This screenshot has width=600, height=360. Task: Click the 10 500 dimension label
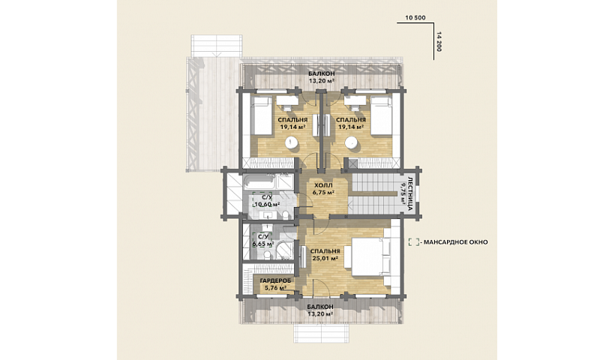(415, 17)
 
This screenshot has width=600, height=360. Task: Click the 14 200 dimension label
(439, 42)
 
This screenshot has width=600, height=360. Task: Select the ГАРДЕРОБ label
(275, 280)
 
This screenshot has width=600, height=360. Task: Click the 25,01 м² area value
(325, 258)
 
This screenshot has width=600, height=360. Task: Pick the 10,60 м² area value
(267, 204)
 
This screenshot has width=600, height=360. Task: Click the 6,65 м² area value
(263, 244)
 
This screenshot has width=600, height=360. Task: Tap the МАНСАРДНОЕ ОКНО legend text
(456, 242)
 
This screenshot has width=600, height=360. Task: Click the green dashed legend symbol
(413, 241)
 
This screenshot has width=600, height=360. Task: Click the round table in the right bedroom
(351, 142)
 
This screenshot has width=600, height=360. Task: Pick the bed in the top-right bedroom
(382, 115)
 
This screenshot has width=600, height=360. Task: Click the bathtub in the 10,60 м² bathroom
(259, 182)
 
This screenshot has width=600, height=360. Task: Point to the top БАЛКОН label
(322, 73)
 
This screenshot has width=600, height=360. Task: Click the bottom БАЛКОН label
(320, 307)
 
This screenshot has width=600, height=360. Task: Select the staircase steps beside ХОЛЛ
(373, 194)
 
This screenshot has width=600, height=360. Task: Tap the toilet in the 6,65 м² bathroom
(268, 253)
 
